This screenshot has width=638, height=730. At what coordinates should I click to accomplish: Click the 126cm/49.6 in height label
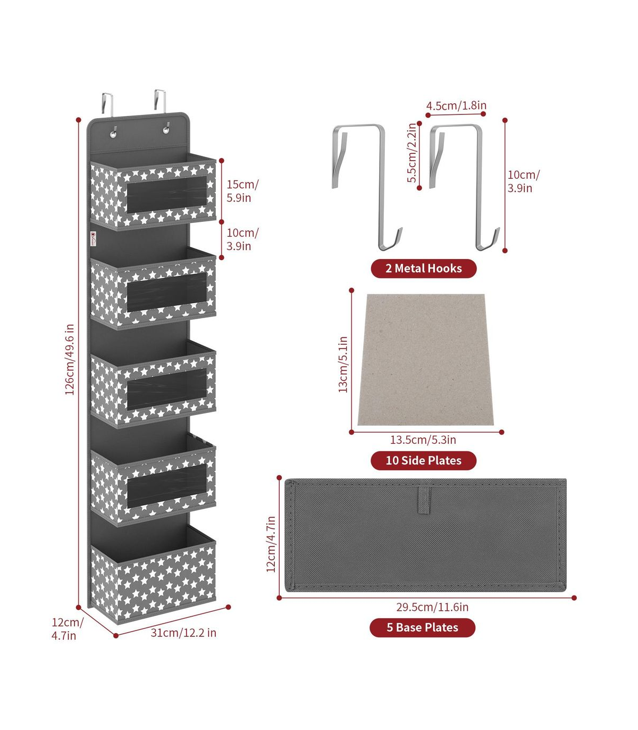click(70, 359)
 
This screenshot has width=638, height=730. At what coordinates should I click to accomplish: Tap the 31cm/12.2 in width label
click(183, 633)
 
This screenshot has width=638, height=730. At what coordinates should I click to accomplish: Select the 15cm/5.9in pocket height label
click(243, 191)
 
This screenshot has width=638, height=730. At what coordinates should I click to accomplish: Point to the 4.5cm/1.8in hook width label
click(456, 105)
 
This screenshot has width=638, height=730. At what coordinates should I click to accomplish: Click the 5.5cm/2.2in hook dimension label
click(412, 153)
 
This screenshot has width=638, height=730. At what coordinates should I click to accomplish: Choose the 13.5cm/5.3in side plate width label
click(423, 439)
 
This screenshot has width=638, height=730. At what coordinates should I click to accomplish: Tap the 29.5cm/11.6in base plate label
click(432, 607)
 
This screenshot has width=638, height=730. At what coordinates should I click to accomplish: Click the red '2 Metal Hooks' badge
click(424, 268)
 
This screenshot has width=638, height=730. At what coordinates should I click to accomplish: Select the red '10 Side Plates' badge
click(424, 460)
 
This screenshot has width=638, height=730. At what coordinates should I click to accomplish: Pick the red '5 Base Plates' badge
click(422, 628)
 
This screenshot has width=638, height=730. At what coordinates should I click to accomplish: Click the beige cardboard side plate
click(426, 360)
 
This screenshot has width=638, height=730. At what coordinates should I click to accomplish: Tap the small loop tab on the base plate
click(424, 500)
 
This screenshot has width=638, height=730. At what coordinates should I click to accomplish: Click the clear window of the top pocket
click(167, 194)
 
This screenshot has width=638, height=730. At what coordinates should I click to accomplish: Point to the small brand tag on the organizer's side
click(93, 239)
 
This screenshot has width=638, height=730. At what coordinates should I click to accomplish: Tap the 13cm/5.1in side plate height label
click(343, 364)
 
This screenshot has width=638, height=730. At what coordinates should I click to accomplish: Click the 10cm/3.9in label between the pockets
click(243, 239)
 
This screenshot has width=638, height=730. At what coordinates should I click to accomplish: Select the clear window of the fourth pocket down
click(167, 486)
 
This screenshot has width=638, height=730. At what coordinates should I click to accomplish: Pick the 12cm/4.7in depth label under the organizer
click(68, 629)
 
